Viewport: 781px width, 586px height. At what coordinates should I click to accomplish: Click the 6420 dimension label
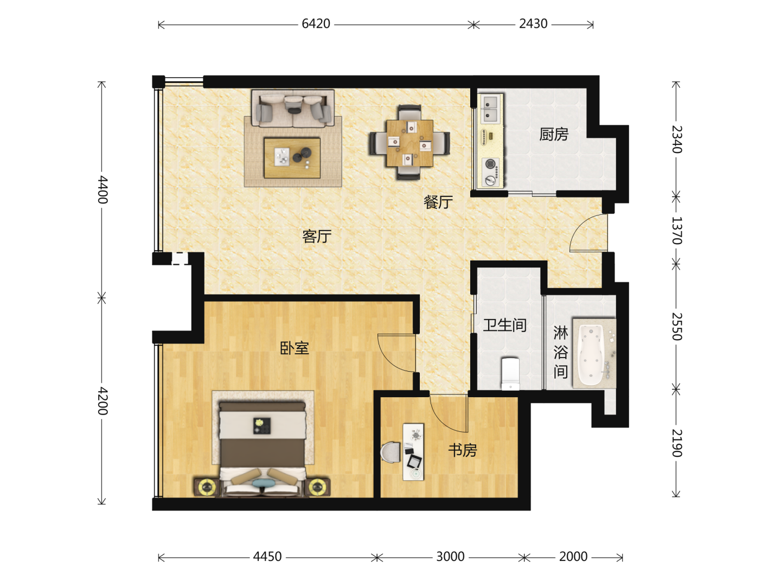tap(316, 24)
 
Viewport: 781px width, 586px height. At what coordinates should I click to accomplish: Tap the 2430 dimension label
tap(533, 24)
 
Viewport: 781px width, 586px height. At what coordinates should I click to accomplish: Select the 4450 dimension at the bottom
tap(267, 557)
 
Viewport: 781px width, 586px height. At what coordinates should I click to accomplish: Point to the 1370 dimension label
tap(676, 231)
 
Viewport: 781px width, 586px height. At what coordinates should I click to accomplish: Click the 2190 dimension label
tap(676, 443)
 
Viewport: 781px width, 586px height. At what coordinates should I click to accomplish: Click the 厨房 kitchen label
tap(554, 134)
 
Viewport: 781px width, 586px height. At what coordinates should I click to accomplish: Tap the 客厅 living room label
tap(317, 236)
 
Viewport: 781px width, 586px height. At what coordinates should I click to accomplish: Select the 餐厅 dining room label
tap(438, 202)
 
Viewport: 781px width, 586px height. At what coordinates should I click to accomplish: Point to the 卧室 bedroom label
tap(295, 348)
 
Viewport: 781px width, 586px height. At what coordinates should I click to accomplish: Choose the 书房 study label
tap(462, 450)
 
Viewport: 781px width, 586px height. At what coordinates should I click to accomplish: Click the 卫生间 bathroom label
tap(504, 325)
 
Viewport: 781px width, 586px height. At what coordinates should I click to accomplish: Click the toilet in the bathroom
tap(510, 374)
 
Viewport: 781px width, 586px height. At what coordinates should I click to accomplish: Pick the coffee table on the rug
tap(292, 157)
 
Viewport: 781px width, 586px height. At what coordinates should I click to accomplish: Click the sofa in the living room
tap(292, 108)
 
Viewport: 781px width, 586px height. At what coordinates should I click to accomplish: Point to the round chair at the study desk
tap(390, 452)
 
